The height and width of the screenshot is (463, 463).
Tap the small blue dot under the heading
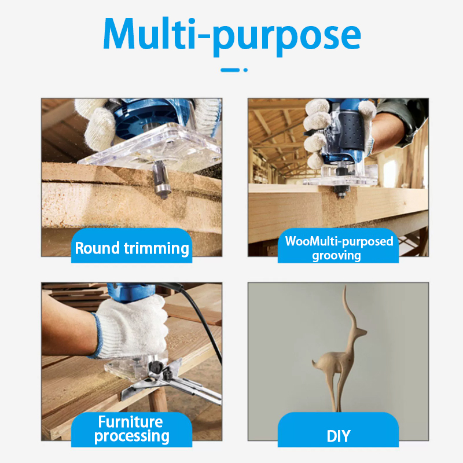[245, 70]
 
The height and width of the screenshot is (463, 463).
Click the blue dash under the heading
[230, 70]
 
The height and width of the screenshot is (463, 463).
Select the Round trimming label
[132, 248]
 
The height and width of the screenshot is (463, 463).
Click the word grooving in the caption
[336, 256]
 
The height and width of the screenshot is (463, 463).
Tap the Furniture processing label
[132, 429]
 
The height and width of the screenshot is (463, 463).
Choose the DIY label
[339, 436]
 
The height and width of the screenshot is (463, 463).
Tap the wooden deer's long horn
[349, 311]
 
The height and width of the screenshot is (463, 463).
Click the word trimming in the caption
[156, 249]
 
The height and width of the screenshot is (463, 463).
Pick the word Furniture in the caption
[131, 422]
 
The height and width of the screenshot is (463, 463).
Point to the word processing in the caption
[132, 437]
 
